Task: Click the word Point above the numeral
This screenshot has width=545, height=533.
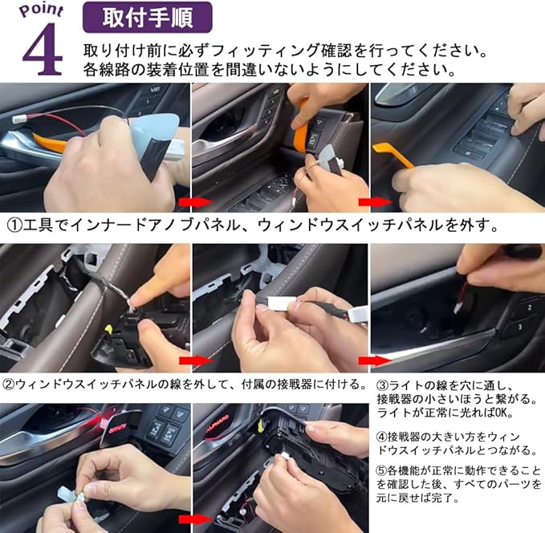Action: (42, 10)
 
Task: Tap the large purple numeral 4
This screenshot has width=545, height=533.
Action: (43, 50)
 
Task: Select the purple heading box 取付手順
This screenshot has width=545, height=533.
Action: (148, 18)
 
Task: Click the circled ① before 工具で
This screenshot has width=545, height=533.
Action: (14, 226)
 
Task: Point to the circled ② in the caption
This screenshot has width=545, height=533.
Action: (9, 384)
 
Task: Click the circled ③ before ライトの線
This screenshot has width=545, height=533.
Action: (382, 385)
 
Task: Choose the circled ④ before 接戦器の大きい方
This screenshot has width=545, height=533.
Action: (382, 437)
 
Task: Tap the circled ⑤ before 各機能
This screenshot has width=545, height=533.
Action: (382, 470)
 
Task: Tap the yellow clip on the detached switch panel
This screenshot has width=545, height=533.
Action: (108, 329)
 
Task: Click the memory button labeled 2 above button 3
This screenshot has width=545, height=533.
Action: (529, 308)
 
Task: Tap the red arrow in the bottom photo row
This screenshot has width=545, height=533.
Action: (195, 519)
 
